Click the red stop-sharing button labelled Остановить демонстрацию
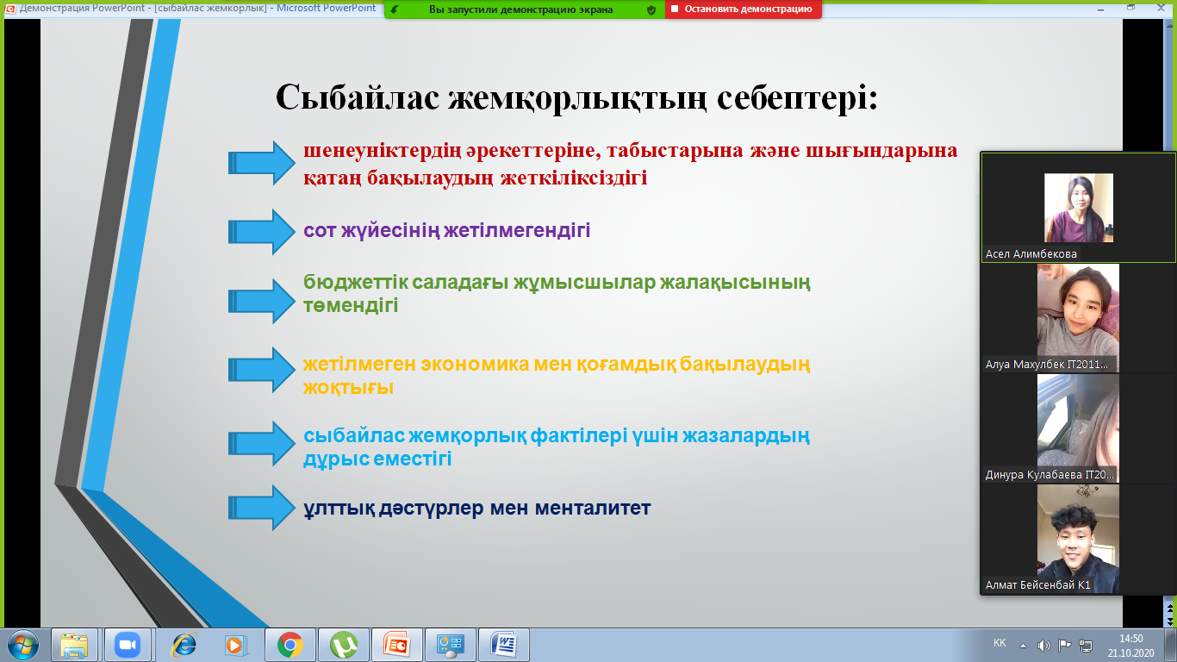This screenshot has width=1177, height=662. point(743,9)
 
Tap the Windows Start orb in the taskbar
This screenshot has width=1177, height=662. point(23,645)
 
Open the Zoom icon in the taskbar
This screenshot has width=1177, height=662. point(128,645)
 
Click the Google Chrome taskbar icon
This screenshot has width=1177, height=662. point(290,645)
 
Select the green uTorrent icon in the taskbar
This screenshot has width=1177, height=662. point(344,645)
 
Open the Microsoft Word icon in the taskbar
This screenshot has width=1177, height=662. point(503,645)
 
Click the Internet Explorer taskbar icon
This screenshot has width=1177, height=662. point(184,645)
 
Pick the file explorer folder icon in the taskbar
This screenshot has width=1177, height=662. point(74,645)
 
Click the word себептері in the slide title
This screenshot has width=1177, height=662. point(797,97)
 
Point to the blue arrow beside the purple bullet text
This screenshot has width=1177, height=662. point(261,231)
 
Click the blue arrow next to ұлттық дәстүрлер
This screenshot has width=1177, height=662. point(261,508)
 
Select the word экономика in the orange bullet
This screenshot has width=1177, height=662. point(475,364)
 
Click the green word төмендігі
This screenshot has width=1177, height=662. point(351,305)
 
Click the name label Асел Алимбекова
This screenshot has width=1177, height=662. point(1031,254)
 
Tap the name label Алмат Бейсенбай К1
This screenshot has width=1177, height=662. point(1037,584)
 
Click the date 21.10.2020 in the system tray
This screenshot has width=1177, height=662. point(1130,653)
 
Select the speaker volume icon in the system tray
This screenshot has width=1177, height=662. point(1043,645)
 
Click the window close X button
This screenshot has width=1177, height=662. point(1161,8)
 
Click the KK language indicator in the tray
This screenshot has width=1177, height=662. point(1000,643)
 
